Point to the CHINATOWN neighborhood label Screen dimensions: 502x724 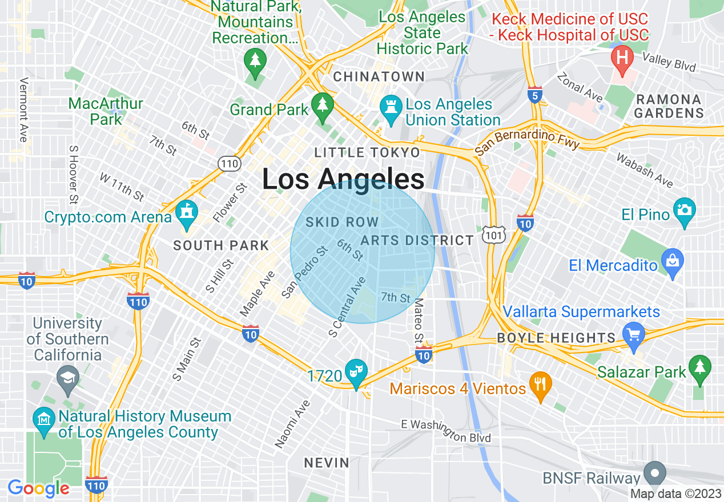tap(379, 76)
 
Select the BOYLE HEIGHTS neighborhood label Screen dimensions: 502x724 tap(556, 338)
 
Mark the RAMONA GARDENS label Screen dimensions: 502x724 tap(669, 106)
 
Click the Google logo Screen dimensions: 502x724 tap(38, 489)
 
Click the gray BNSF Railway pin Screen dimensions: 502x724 tap(654, 473)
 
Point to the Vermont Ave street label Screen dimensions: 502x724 tap(23, 110)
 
